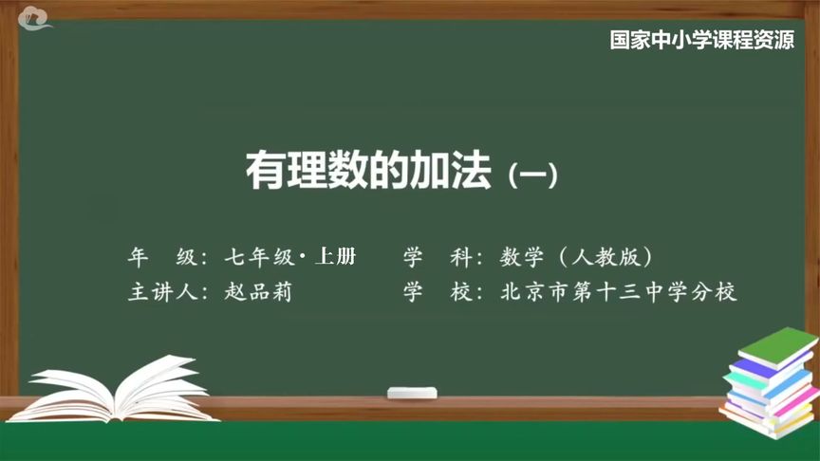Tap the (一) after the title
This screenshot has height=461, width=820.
(x=531, y=176)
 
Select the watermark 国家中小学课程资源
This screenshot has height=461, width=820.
(x=702, y=42)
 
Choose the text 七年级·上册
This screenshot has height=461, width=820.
(x=290, y=257)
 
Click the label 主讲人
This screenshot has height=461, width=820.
(x=163, y=292)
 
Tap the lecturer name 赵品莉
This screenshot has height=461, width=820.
(x=258, y=292)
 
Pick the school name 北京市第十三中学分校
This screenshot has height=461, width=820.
(x=619, y=292)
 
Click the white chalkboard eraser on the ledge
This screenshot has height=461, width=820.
(x=411, y=392)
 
